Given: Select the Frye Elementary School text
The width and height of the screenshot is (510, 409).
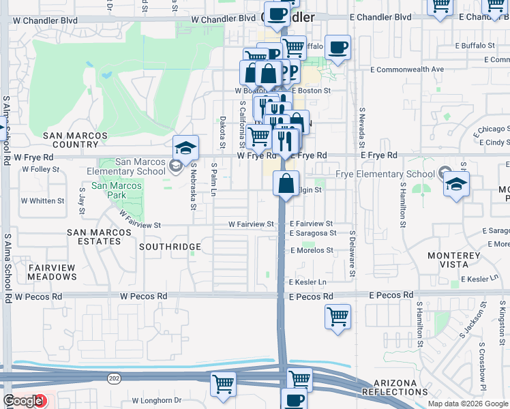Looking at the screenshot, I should point(385,174).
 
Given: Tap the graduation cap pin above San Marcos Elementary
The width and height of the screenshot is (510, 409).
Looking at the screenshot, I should point(185,148).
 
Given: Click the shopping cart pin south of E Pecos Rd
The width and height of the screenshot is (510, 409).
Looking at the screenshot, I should point(337,317).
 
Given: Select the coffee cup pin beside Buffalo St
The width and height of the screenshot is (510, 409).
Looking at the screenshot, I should point(337,48).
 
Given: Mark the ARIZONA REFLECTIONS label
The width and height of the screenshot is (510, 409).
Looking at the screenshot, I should point(395,388).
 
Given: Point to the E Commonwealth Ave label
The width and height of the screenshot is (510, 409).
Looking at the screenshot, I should point(407,70).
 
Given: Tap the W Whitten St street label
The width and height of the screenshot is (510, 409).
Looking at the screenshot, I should point(42,201).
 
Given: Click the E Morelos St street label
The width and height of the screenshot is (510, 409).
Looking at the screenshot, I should point(312,251).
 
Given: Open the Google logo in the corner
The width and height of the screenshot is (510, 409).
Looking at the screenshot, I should point(23,401).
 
